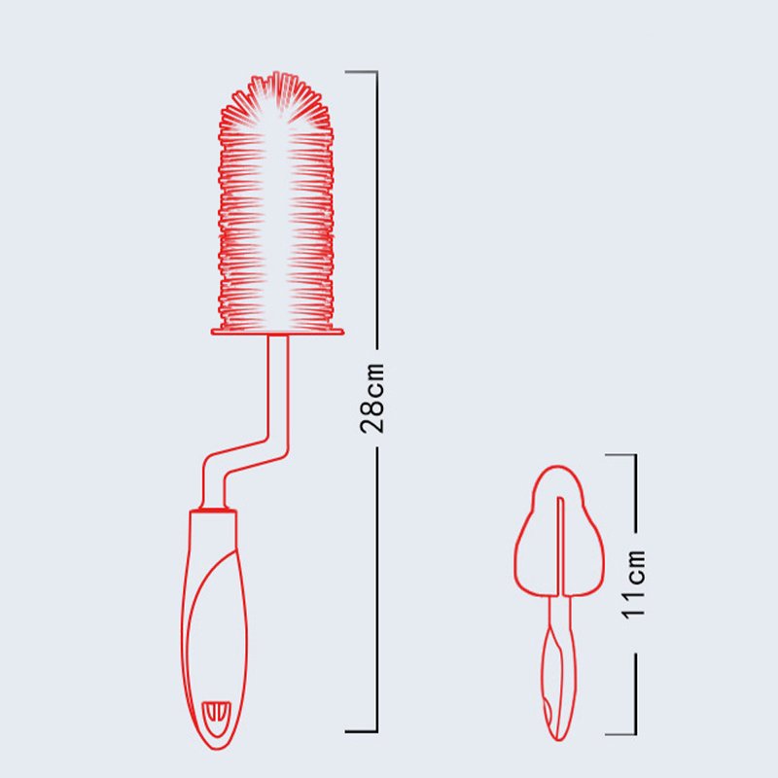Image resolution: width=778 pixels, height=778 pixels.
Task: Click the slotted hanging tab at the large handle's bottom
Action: pos(216,714)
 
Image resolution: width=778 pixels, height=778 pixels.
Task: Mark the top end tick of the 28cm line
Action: pos(362,71)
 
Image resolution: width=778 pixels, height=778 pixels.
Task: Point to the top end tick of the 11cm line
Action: pos(619,454)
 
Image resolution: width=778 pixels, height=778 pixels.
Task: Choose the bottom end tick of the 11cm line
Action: pos(619,734)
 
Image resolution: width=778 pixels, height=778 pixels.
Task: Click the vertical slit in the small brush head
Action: pos(560,545)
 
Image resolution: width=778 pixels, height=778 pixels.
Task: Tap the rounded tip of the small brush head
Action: pos(558,471)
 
